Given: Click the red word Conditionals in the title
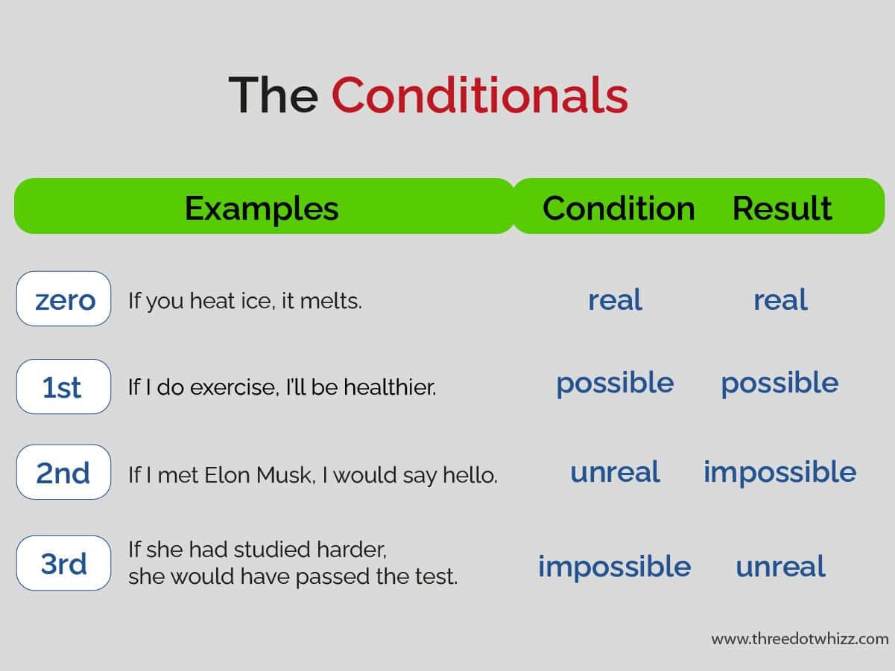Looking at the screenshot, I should point(479,95).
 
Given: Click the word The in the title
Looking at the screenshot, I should point(273,95).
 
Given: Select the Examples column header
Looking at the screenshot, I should point(262,208).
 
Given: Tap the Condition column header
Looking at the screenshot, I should point(618,208).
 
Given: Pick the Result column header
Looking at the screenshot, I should point(782,208).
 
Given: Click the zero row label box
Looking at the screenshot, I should point(64,299).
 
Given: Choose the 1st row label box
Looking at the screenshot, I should point(64,387).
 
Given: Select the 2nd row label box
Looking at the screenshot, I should point(64,472).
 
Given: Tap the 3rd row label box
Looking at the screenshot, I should point(64,564).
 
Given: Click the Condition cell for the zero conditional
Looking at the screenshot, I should point(615,300).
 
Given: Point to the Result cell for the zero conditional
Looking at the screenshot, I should point(780,300).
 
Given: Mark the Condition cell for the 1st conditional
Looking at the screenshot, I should point(615,384).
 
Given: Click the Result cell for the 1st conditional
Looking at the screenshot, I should point(779,384).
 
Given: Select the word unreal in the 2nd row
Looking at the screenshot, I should point(615,472).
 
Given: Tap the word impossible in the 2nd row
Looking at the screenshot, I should point(779,472).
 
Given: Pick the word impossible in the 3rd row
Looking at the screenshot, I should point(614,567).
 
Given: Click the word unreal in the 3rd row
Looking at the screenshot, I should point(780,567).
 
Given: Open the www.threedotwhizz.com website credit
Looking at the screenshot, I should point(800,639).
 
